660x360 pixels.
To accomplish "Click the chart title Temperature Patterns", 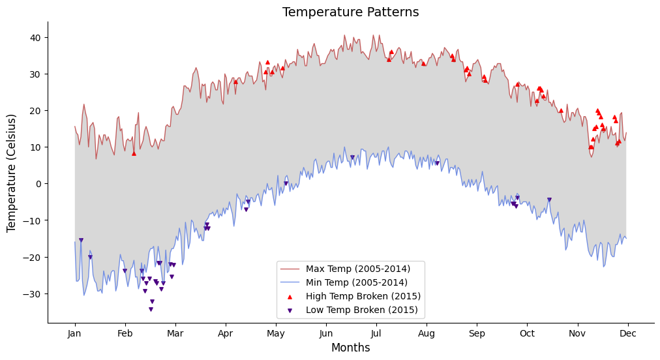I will [x=350, y=12].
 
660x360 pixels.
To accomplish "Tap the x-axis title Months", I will [x=350, y=348].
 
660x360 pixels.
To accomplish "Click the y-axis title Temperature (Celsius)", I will [x=12, y=173].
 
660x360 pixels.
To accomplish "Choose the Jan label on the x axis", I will [x=75, y=333].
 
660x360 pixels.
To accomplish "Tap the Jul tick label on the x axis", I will [x=376, y=333].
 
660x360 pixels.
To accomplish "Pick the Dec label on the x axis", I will [x=628, y=333].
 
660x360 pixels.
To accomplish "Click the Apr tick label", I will [x=226, y=333].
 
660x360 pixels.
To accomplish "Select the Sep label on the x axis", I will [x=477, y=333].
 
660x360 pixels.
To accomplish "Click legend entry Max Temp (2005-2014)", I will [x=357, y=269].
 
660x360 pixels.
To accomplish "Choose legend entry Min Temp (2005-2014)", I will [x=356, y=282].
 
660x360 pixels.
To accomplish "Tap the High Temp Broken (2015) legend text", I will [x=363, y=296].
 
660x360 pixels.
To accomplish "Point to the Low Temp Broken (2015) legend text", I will [x=362, y=310].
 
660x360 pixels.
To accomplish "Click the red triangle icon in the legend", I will [x=290, y=296].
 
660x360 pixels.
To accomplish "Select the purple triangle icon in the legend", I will [x=290, y=310].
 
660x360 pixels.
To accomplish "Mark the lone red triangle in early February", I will [x=134, y=153].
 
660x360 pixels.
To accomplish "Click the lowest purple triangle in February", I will [x=151, y=309].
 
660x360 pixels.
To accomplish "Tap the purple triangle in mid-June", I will [x=352, y=157].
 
